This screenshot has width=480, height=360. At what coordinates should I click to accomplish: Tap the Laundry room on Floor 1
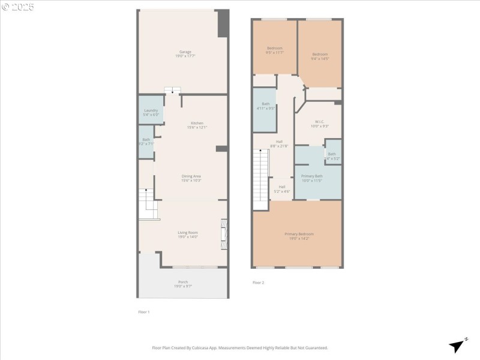151,112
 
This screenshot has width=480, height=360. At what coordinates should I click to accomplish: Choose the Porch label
183,284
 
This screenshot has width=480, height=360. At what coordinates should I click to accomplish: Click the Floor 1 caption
144,312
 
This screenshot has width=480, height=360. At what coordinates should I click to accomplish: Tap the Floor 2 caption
258,283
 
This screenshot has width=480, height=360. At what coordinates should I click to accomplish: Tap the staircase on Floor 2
260,179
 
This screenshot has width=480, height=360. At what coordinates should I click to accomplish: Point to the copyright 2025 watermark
18,7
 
